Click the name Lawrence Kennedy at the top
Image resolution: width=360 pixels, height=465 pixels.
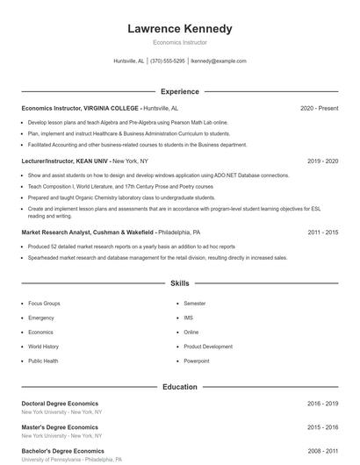(180, 29)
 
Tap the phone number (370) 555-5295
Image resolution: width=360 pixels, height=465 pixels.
(168, 61)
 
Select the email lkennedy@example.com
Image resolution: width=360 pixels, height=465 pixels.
(219, 61)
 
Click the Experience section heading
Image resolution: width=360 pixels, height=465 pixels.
(180, 91)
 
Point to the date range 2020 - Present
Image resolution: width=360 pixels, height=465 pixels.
(319, 108)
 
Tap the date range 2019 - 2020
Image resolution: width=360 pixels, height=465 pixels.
(322, 161)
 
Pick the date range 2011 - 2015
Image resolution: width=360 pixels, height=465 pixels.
(322, 232)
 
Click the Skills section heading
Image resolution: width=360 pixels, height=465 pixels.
(180, 283)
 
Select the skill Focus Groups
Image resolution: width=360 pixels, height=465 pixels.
(44, 304)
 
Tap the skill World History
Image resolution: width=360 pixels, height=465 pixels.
(44, 347)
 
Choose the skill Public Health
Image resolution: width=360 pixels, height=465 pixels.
(43, 361)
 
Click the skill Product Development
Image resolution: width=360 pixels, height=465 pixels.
(208, 347)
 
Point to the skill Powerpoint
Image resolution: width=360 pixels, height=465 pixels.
(197, 361)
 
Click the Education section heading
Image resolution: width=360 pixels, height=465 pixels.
(180, 386)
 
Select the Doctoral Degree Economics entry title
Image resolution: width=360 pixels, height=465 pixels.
(60, 404)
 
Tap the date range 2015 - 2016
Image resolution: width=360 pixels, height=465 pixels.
(322, 427)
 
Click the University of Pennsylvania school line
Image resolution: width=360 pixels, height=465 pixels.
(71, 459)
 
